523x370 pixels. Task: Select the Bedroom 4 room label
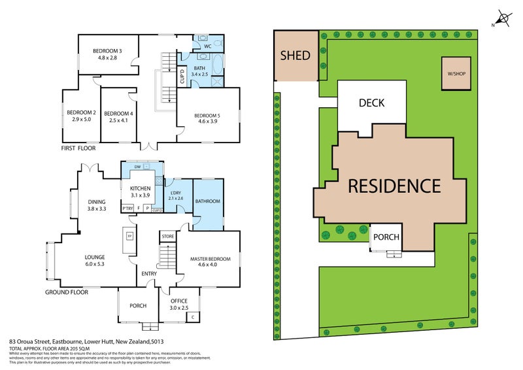click(118, 116)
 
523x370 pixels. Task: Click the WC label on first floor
click(207, 46)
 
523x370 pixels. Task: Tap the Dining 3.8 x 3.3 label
click(97, 205)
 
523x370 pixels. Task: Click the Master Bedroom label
click(208, 261)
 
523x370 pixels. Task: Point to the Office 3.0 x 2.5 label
click(178, 305)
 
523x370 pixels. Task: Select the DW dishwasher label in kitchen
click(137, 167)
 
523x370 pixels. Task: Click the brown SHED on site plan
click(295, 55)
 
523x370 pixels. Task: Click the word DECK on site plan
click(371, 103)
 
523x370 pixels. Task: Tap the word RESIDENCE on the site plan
click(394, 186)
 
